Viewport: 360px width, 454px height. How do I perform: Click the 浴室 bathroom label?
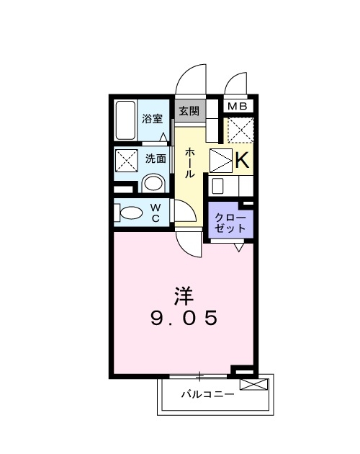coord(152,119)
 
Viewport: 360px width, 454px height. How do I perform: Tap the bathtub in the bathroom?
coord(126,120)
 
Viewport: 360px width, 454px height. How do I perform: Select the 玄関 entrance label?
coord(189,111)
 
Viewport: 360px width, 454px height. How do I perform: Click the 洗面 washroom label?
coord(156,158)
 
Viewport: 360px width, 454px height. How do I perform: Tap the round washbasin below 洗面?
coord(153,183)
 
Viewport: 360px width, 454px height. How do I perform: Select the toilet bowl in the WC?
coord(131,213)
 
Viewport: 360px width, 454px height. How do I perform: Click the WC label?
coord(155,213)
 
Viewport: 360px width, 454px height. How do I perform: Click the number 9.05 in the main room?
coord(184,318)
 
